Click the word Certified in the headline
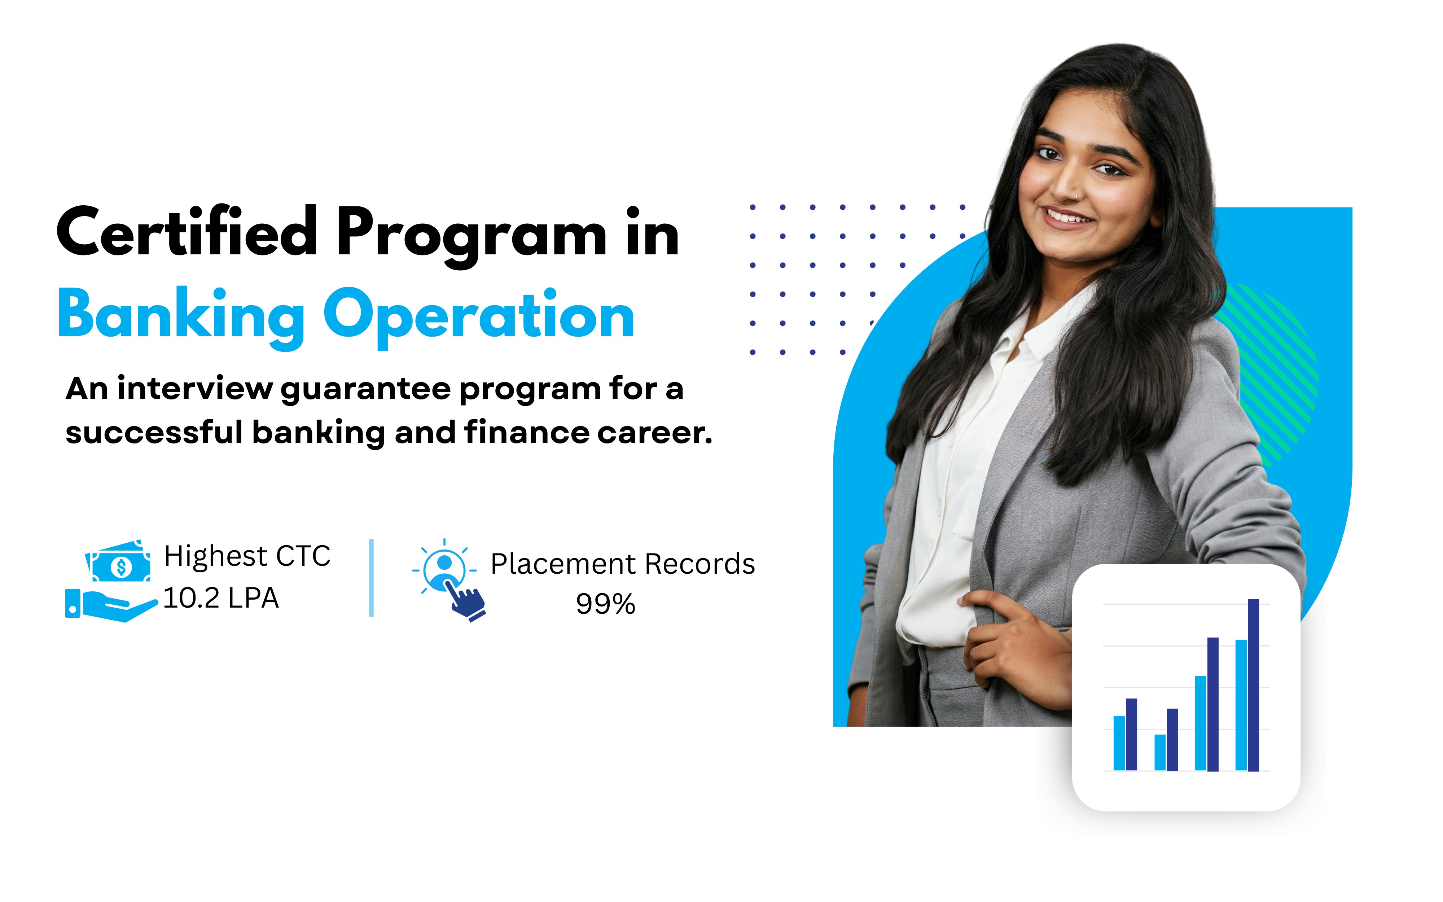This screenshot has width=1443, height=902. (x=187, y=232)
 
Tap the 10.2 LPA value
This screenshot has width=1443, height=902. (x=221, y=598)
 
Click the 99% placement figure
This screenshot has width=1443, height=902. (x=605, y=604)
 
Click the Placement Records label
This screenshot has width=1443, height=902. (x=623, y=564)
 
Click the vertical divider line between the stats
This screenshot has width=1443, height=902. (x=372, y=578)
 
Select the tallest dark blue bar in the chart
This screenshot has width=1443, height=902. (x=1253, y=685)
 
